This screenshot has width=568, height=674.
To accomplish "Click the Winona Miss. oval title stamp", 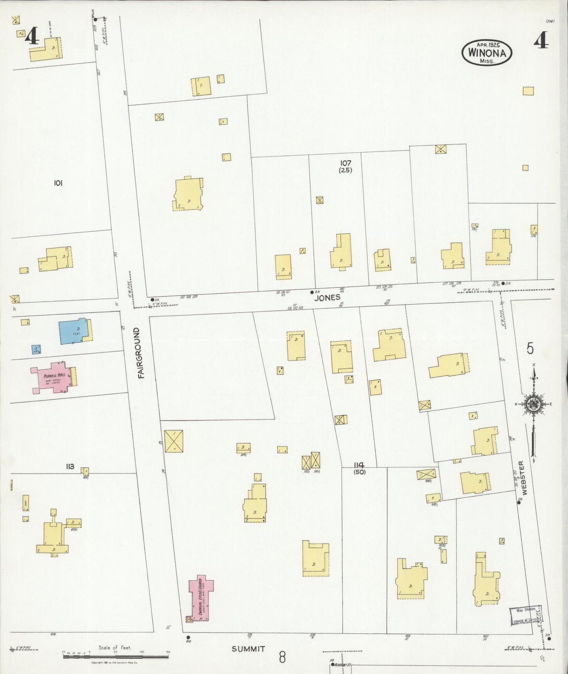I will point(487,53).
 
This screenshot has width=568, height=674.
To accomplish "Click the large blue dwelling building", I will point(74,331).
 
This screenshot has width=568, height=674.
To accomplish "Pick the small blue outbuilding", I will point(36,349).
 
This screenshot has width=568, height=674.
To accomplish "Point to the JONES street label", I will point(327,298).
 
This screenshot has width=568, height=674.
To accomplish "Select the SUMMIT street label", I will point(248,649).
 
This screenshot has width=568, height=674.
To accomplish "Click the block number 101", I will point(58,183).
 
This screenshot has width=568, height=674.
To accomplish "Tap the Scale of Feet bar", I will point(116,656).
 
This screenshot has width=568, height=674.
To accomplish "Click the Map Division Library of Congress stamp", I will point(525,615).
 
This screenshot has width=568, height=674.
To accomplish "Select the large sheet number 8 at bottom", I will point(282,657).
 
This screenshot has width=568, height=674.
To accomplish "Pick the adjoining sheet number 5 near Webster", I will point(530,348).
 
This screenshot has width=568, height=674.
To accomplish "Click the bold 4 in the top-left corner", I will point(32,37).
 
